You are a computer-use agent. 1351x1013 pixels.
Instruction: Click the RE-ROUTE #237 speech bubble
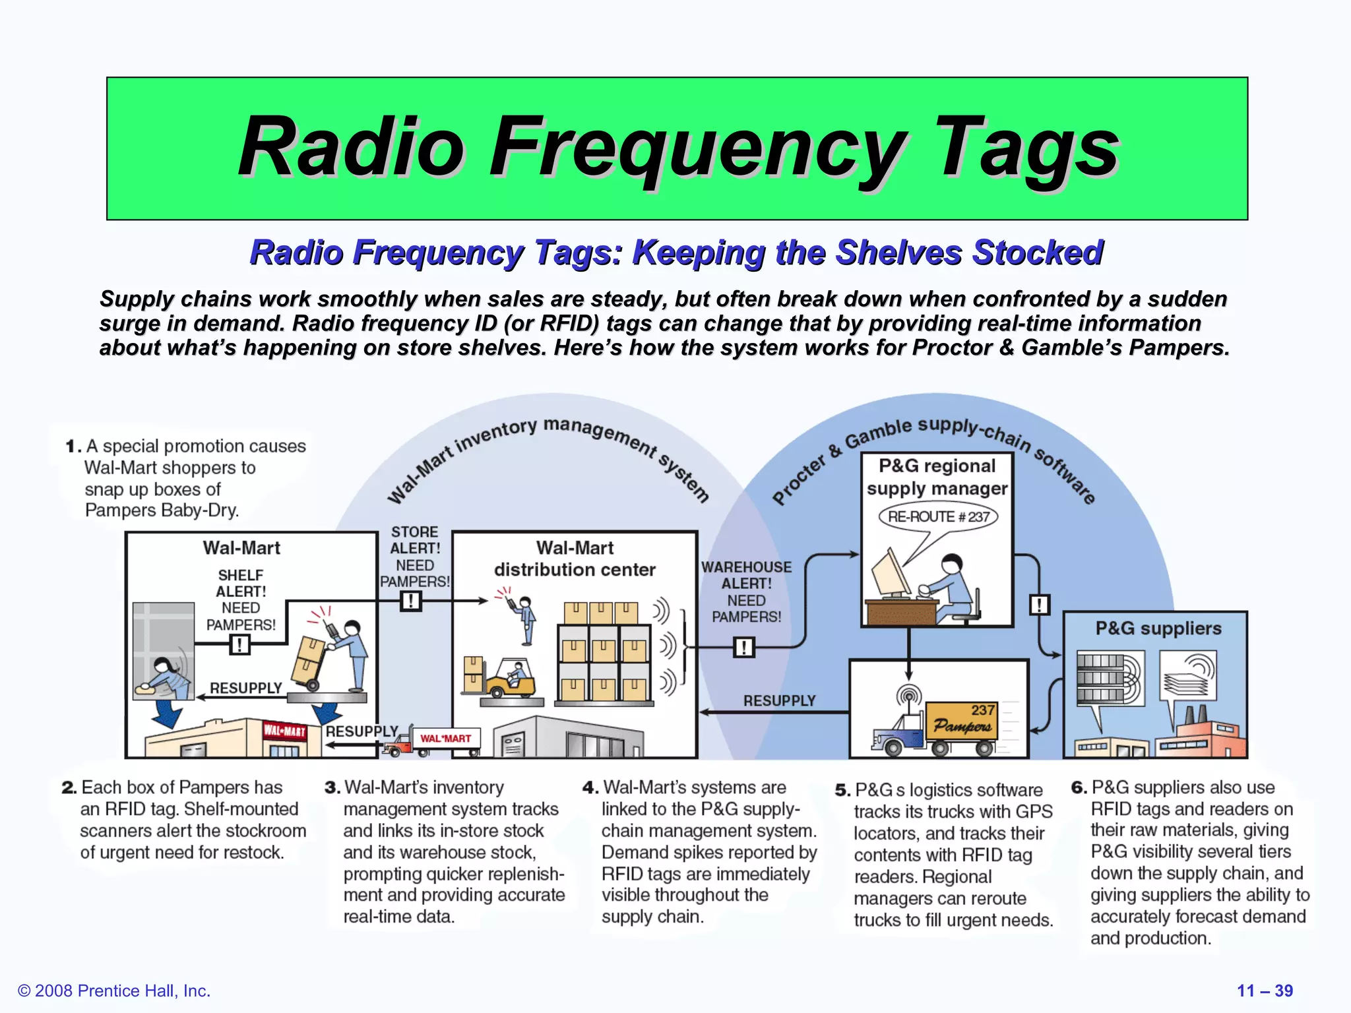tap(938, 516)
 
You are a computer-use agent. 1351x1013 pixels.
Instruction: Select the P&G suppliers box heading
tap(1158, 629)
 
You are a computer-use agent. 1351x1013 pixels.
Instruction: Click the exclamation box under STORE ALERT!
tap(411, 601)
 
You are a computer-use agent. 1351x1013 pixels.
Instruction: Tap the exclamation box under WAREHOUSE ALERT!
tap(743, 647)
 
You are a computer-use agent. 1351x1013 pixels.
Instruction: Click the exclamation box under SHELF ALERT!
tap(239, 644)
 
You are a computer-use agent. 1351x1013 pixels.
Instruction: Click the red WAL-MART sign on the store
tap(285, 731)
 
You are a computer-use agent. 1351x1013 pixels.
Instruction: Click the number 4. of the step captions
tap(590, 788)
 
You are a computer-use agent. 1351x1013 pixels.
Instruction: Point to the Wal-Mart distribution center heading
tap(575, 559)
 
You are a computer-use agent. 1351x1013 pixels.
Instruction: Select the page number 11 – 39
tap(1265, 991)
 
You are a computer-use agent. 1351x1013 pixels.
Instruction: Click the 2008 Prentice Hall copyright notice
tap(114, 991)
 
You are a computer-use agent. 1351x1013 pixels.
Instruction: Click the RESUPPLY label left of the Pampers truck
tap(779, 701)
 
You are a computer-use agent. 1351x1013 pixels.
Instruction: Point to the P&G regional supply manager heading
tap(937, 477)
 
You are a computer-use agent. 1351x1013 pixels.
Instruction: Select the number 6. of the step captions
tap(1079, 788)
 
